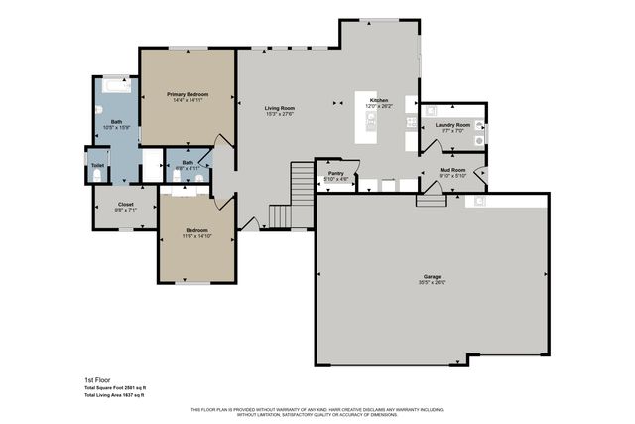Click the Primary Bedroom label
(188, 94)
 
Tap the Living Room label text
(280, 107)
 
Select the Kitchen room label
(380, 100)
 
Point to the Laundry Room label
(451, 124)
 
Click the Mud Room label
(452, 171)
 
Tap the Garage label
(432, 276)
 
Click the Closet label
(126, 204)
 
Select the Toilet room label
(97, 166)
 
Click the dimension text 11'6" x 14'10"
(197, 236)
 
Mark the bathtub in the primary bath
(115, 87)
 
